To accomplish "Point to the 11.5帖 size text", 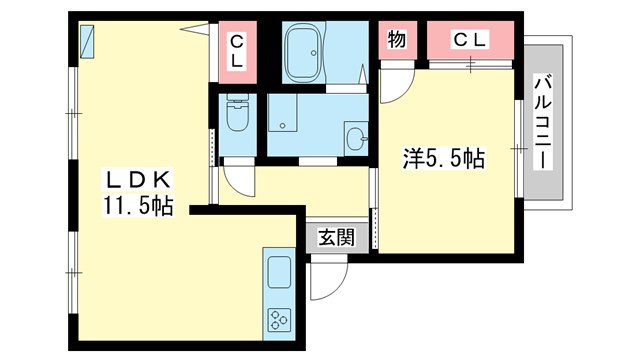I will point(137,208).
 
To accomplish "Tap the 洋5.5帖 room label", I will point(444,158).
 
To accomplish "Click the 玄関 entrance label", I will point(336,237).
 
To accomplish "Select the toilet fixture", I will point(236,114).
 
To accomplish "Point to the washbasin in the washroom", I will point(355,138).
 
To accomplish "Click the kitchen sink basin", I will point(277,270).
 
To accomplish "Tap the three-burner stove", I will point(277,320).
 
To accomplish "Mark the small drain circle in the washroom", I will point(283,125).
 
